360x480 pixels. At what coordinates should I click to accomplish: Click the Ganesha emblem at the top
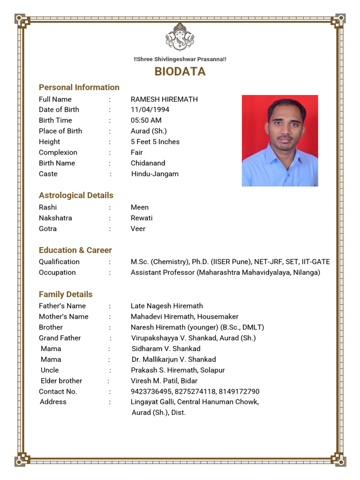(x=180, y=37)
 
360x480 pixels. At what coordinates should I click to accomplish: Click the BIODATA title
(x=180, y=71)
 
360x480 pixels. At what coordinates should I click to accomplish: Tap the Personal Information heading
(x=79, y=87)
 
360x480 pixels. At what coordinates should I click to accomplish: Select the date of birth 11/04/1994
(x=150, y=110)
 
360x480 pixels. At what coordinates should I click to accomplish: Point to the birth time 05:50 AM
(x=146, y=120)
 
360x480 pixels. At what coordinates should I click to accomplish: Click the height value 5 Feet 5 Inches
(x=155, y=142)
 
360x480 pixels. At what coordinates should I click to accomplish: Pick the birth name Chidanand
(x=148, y=163)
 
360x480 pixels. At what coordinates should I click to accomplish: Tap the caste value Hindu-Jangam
(x=155, y=174)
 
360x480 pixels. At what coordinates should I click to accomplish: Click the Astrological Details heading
(x=76, y=195)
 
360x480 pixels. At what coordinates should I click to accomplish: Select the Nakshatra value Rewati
(x=142, y=218)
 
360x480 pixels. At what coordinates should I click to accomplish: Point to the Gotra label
(x=48, y=229)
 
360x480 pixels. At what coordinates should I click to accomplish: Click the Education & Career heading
(x=75, y=250)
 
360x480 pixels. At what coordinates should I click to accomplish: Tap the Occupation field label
(x=57, y=272)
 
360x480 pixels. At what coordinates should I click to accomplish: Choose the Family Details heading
(x=66, y=294)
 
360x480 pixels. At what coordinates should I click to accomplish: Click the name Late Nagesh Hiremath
(x=167, y=306)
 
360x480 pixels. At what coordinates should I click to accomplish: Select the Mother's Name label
(x=64, y=316)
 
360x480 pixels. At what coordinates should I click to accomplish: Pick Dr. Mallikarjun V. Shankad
(x=174, y=360)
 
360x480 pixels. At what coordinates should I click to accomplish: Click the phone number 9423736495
(x=151, y=391)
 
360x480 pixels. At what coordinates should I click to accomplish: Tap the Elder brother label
(x=61, y=381)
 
